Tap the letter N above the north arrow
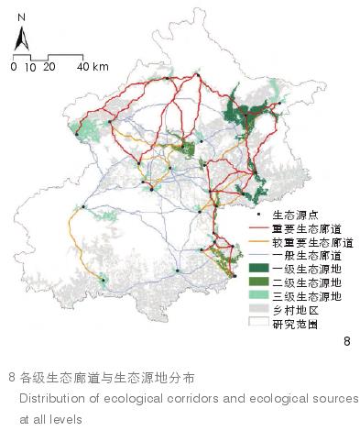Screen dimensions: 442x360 click(22, 17)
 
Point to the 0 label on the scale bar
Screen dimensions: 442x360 click(14, 67)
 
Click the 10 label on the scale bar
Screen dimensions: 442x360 click(30, 67)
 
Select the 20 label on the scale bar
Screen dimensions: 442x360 click(49, 67)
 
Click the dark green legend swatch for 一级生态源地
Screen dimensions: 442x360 click(259, 269)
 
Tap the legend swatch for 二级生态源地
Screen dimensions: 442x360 click(259, 282)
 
